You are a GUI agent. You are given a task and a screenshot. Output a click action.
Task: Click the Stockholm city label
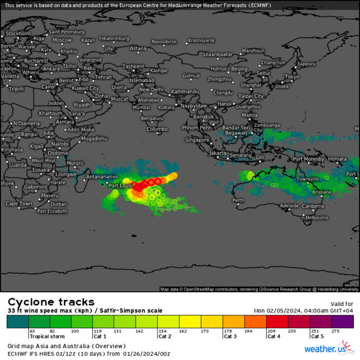(x=18, y=33)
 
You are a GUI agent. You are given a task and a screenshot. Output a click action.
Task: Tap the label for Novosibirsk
(x=164, y=42)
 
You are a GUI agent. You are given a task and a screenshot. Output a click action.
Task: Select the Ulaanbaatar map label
(x=219, y=54)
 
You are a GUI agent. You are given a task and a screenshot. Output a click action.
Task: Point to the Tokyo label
(x=292, y=77)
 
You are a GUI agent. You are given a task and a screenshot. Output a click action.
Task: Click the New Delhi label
(x=151, y=89)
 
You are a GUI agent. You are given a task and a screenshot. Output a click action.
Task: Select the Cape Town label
(x=19, y=204)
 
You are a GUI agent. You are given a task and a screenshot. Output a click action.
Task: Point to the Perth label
(x=238, y=200)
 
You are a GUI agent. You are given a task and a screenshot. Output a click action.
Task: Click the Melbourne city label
(x=317, y=218)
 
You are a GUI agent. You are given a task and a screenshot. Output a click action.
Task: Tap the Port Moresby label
(x=309, y=159)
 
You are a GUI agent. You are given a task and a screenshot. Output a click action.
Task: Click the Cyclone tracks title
(x=51, y=302)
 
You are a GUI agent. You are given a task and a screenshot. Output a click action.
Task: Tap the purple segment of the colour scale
(x=343, y=321)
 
